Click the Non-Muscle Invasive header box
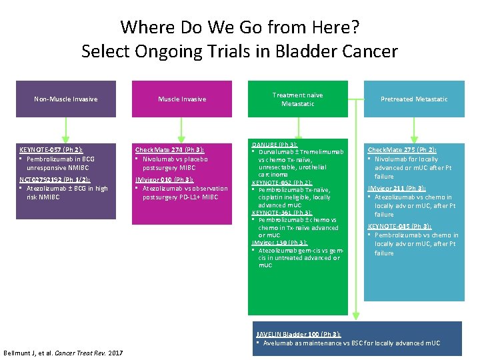65,99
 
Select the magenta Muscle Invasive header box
182,99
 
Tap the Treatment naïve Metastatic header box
298,99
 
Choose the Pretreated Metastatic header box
414,99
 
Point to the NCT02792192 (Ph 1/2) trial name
55,179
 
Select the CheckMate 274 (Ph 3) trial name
169,151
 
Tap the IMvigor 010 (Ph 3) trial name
165,179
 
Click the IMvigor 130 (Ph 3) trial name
279,243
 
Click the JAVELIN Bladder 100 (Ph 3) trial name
298,333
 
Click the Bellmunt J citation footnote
63,352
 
